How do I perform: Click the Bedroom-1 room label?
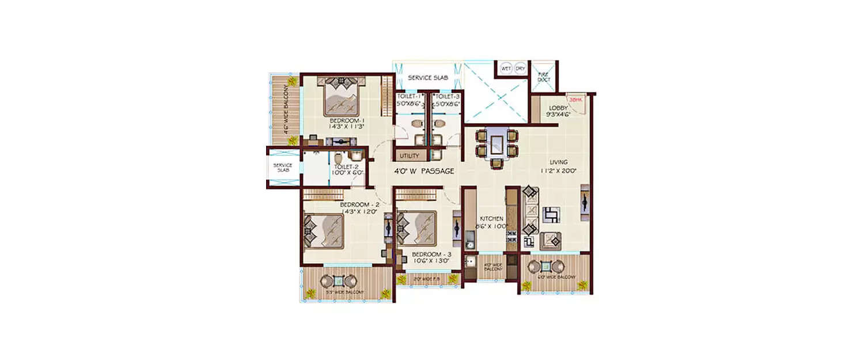pos(344,120)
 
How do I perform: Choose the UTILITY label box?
pos(410,156)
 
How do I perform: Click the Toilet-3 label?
pos(448,96)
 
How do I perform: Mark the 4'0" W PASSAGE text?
pos(423,171)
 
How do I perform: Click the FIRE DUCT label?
pos(544,77)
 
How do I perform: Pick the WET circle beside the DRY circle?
pos(506,68)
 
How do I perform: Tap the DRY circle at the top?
pos(520,68)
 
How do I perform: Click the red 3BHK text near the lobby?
pos(575,100)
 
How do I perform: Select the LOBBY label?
pos(558,108)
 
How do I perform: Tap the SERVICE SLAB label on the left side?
pos(282,168)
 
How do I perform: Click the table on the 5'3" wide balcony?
pos(339,281)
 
